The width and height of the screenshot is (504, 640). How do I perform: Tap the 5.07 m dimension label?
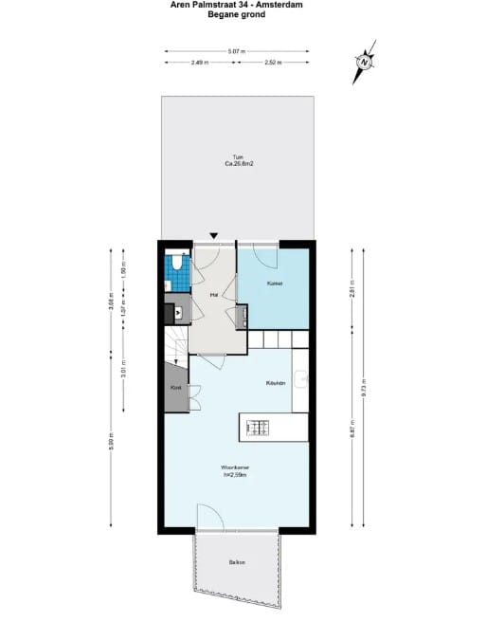click(237, 51)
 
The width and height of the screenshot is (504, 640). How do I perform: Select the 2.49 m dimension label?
click(199, 63)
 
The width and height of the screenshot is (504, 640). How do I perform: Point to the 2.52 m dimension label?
click(273, 63)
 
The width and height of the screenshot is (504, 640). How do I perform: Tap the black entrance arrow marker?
click(215, 236)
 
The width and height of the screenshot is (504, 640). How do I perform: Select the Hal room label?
click(214, 295)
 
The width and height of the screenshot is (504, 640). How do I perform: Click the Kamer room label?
click(275, 283)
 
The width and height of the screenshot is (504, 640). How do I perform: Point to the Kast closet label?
click(175, 388)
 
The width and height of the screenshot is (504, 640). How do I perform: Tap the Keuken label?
click(275, 383)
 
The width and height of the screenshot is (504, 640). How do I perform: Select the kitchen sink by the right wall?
click(300, 380)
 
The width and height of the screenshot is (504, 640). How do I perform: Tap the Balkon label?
click(237, 563)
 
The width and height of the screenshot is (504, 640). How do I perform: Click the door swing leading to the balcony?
click(210, 518)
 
